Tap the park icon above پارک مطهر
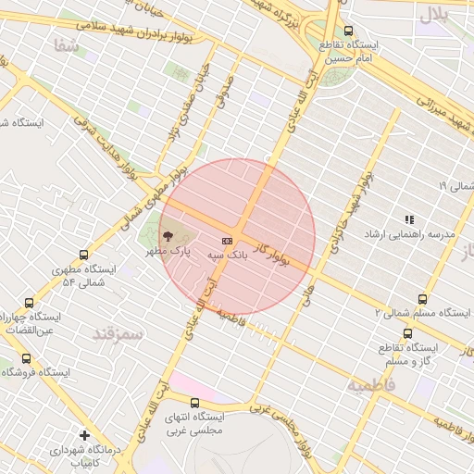click(167, 237)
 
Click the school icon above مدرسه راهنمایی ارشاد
click(409, 219)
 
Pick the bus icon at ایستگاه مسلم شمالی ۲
click(423, 299)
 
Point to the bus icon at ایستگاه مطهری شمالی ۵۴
click(85, 255)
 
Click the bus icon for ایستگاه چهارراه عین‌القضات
click(29, 303)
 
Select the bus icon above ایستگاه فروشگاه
click(26, 358)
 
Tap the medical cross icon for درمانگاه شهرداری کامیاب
click(85, 434)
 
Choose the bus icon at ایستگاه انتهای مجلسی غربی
click(194, 403)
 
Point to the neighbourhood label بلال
click(434, 14)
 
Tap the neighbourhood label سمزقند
click(118, 333)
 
